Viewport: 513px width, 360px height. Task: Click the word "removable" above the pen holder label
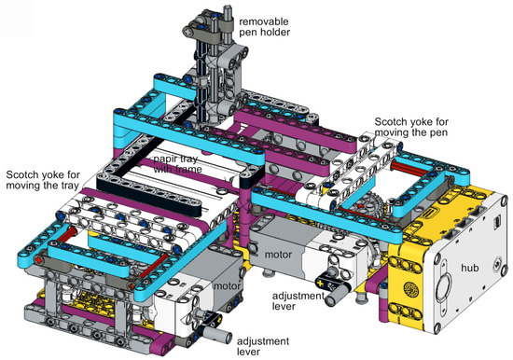coord(264,21)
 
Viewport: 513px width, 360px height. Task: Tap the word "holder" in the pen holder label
coord(274,32)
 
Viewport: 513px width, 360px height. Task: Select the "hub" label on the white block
coord(470,268)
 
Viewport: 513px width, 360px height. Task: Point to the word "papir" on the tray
coord(165,159)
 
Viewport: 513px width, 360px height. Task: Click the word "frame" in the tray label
coord(187,169)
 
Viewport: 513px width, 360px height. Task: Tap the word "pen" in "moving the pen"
coord(439,132)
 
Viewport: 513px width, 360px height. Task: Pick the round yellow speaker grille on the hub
coord(411,288)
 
